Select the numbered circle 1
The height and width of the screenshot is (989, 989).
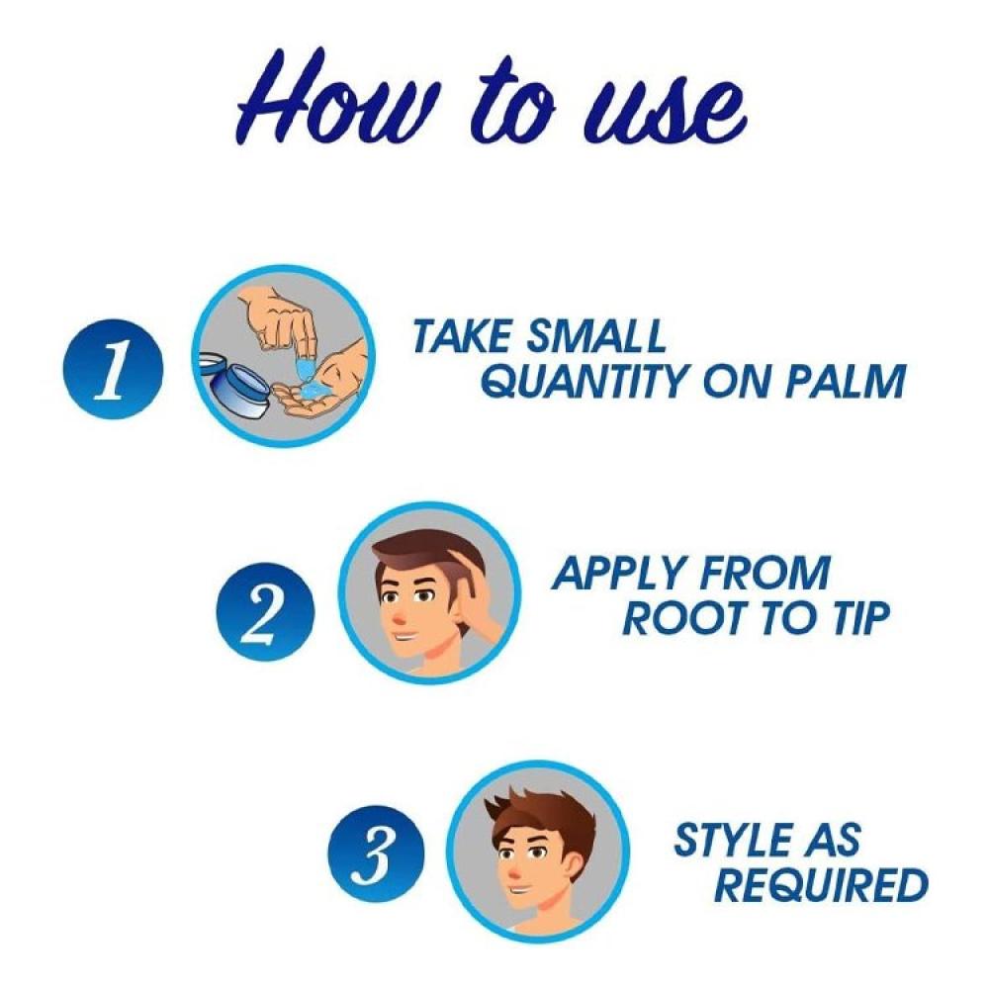[113, 368]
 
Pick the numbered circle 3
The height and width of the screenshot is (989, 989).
[377, 853]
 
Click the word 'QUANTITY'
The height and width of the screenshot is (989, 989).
[586, 381]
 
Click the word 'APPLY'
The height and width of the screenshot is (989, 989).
[620, 573]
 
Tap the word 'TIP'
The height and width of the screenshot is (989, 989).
[861, 617]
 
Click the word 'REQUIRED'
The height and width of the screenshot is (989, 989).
[821, 885]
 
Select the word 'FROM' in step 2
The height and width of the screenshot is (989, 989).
[765, 573]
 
